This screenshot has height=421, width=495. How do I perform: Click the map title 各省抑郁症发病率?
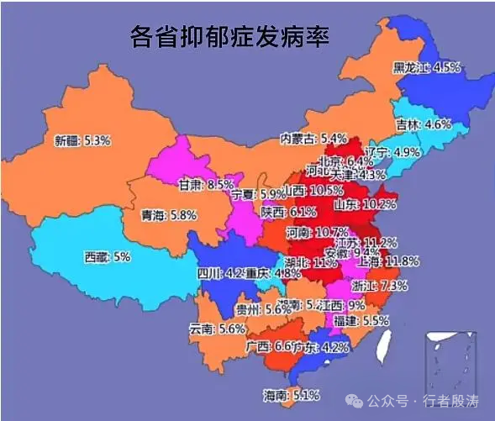229,37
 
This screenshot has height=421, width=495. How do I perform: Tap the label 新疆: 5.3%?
82,140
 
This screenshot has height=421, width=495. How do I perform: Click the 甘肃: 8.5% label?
206,184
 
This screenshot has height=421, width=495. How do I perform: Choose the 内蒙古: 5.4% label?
313,138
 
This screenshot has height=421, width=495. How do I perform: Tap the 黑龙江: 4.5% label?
427,67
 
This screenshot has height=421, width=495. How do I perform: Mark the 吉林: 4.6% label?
424,124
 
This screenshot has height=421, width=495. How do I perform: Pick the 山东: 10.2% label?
366,204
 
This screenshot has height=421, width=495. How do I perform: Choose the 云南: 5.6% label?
217,329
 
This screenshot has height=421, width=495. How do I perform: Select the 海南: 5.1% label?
292,394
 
